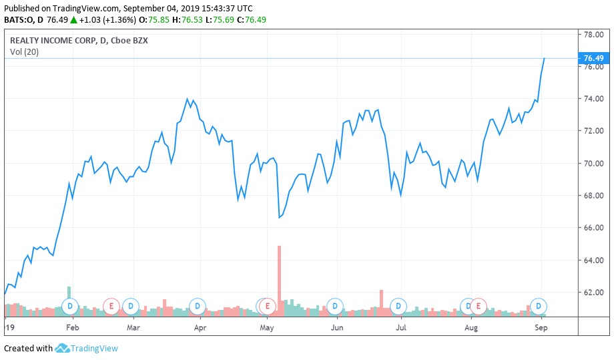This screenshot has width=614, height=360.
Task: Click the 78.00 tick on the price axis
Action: tap(593, 35)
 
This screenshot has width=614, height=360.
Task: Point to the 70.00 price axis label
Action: tap(593, 164)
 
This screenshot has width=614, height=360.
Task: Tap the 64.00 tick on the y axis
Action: tap(593, 260)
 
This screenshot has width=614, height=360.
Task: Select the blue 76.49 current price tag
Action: tap(593, 59)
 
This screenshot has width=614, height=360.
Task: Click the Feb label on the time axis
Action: tap(73, 328)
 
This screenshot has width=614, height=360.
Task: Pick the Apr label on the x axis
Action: tap(200, 328)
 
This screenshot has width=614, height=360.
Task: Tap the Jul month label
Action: tap(401, 328)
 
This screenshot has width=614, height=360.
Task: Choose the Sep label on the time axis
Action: tap(541, 328)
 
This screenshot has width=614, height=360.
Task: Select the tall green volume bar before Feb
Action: tap(69, 292)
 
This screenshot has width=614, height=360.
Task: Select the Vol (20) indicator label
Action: tap(25, 52)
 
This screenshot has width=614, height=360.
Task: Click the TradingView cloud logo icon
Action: tap(63, 348)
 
